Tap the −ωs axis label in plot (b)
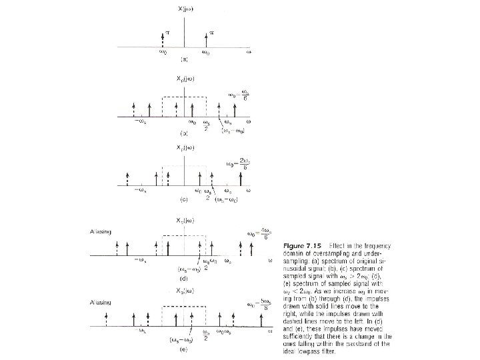pyautogui.click(x=141, y=123)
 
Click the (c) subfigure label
pyautogui.click(x=182, y=199)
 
